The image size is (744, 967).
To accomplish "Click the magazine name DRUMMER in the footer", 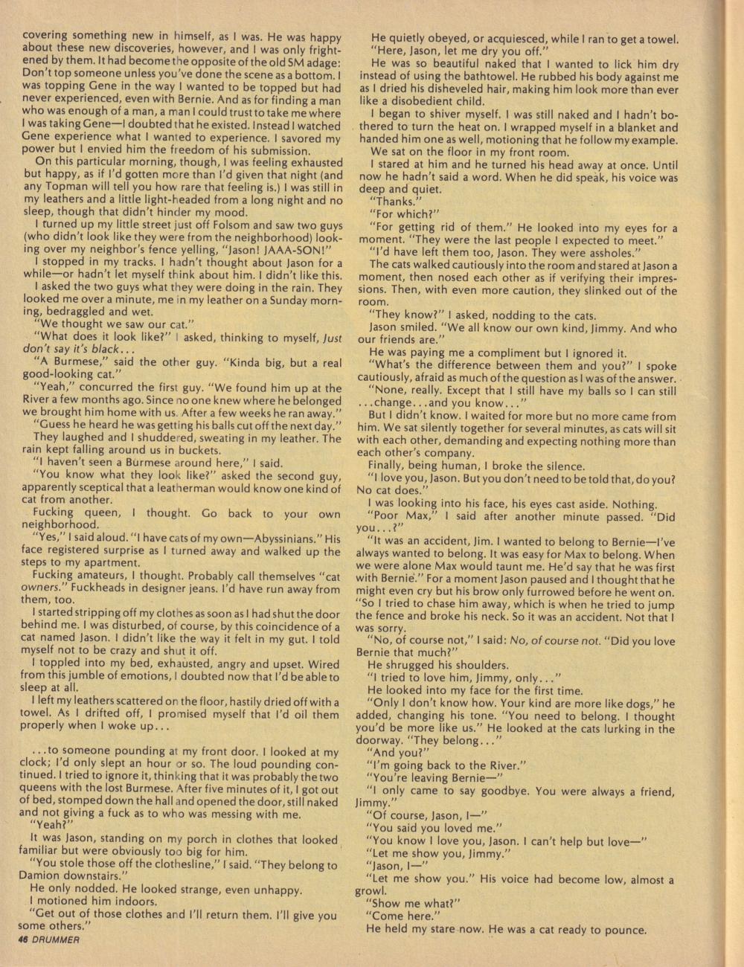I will click(x=57, y=939).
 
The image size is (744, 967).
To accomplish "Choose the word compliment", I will click(x=524, y=353).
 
